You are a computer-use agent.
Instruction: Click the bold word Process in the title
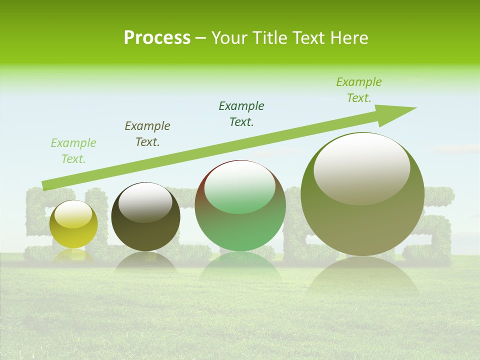pos(157,38)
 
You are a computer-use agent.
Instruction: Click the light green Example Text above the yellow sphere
pos(73,151)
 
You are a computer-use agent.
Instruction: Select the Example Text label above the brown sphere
pos(147,134)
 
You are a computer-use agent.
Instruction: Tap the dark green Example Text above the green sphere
pos(241,114)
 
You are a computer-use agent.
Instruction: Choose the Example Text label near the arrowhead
pos(359,90)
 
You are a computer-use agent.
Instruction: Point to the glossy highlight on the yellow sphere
pos(73,214)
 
